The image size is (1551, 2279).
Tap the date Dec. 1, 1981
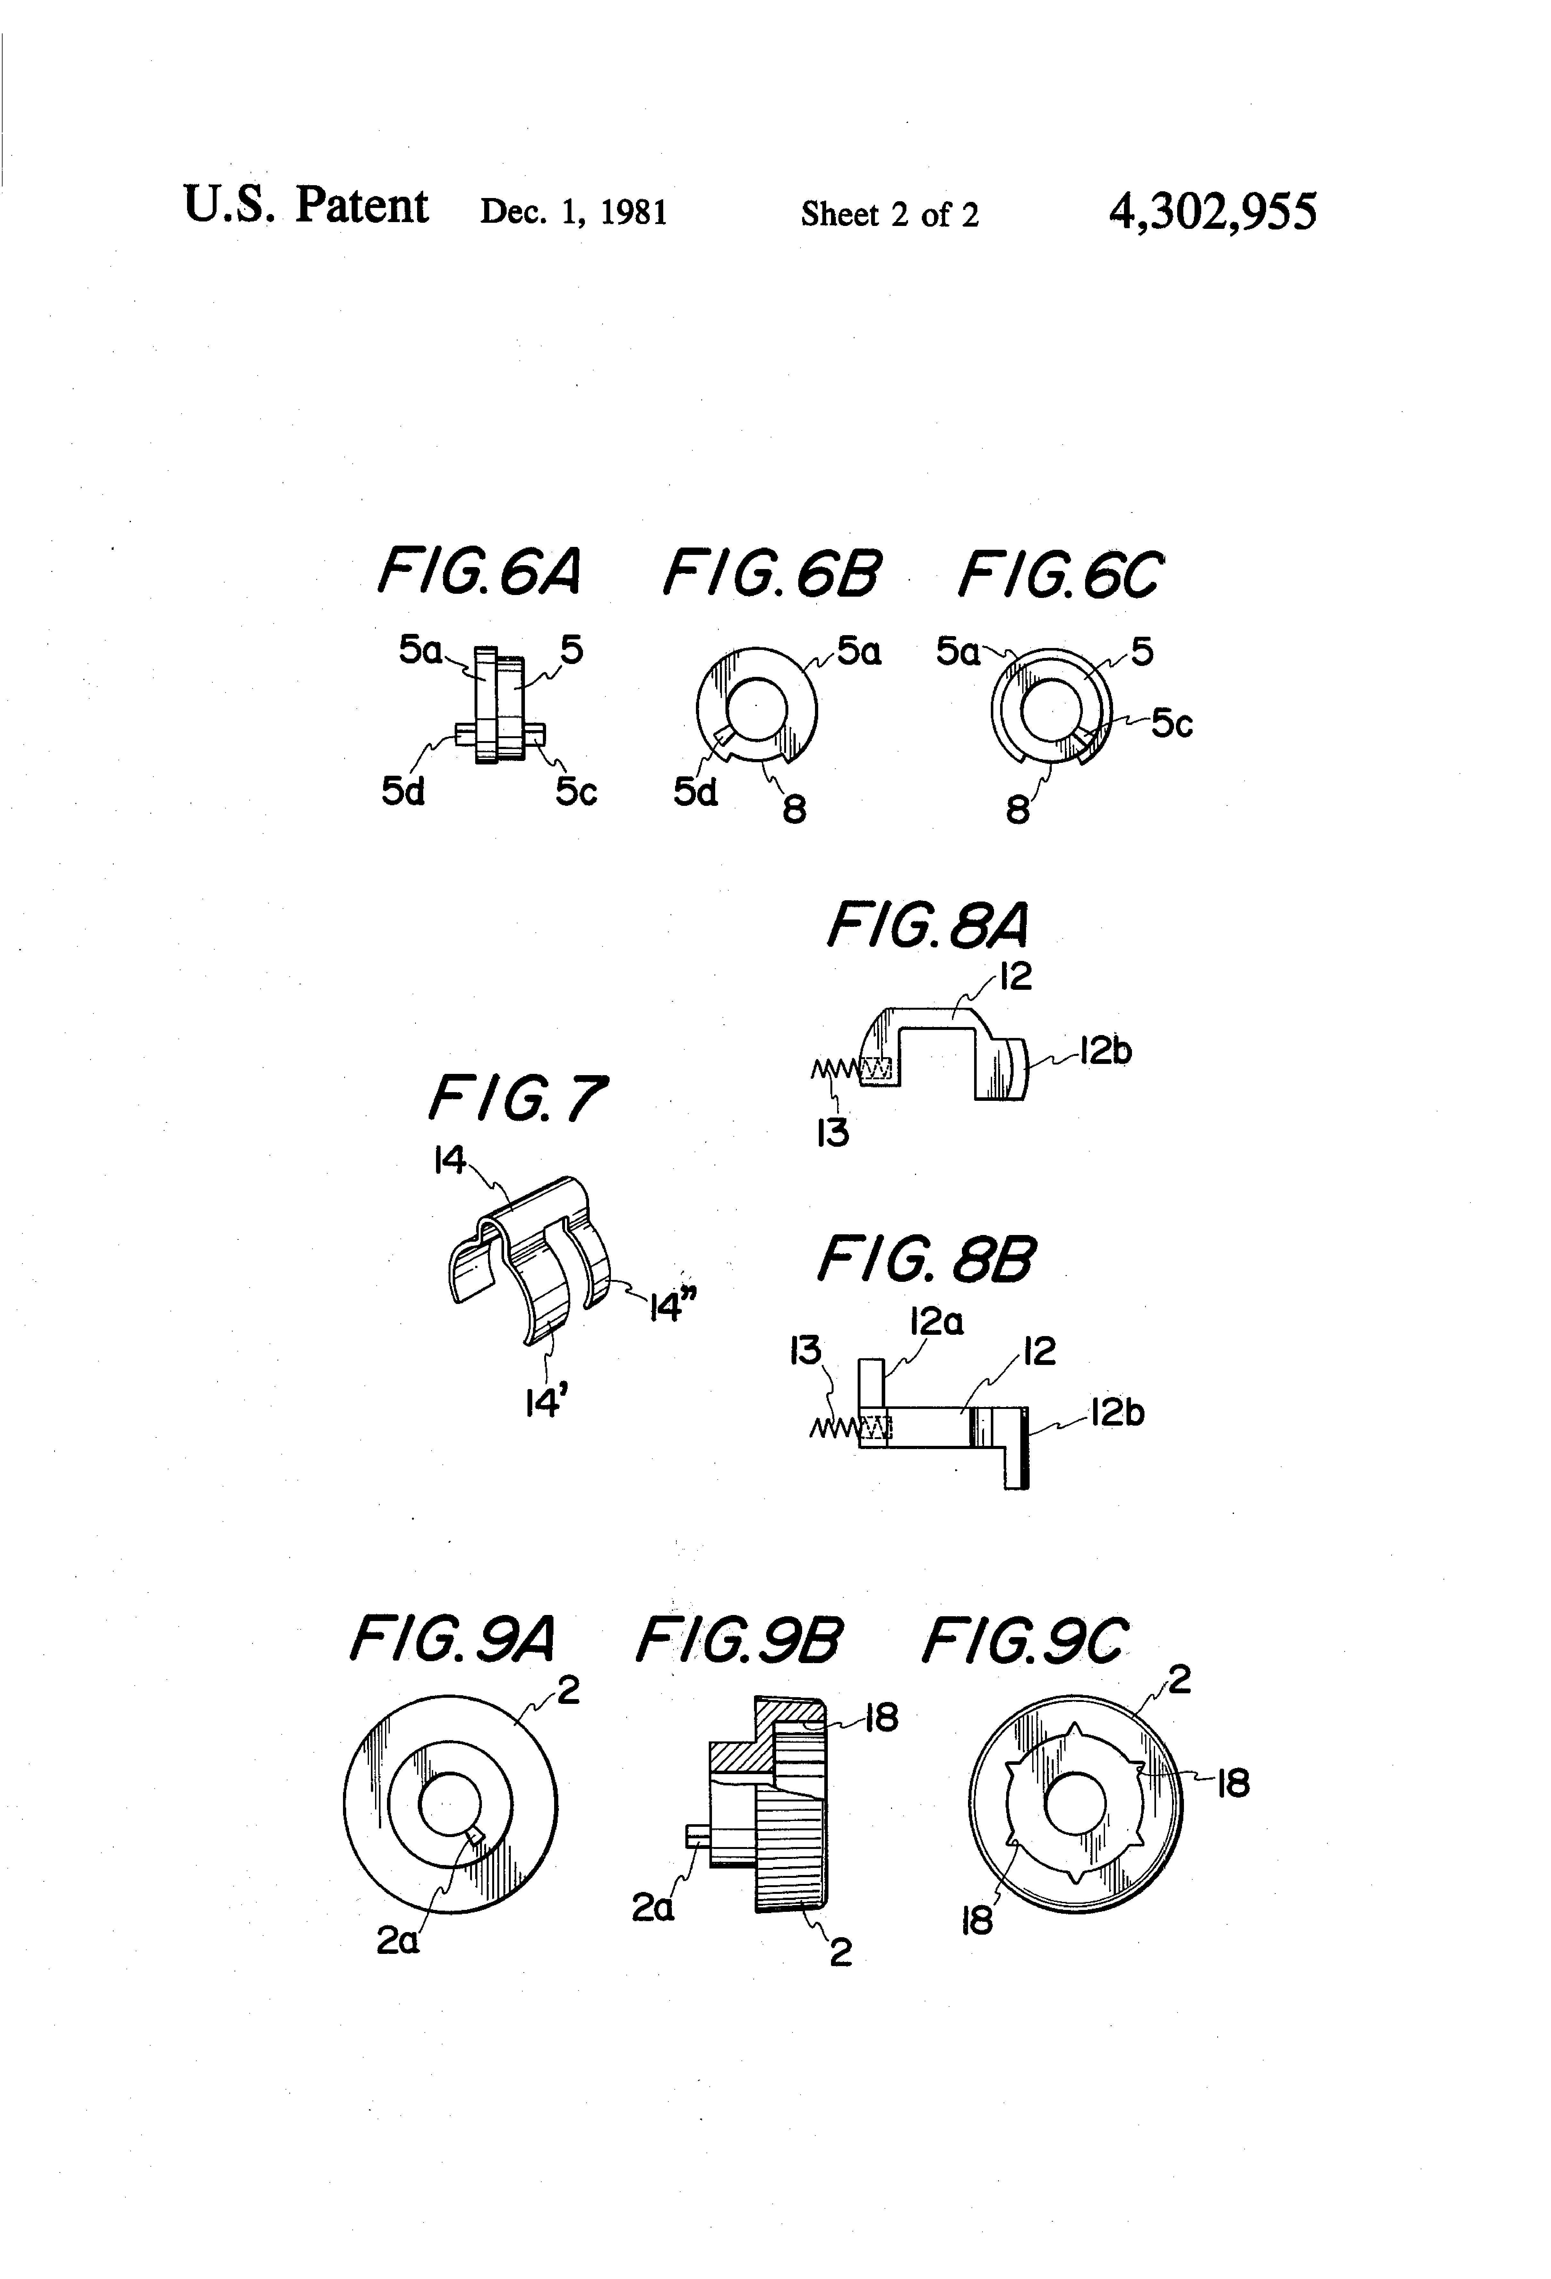click(574, 212)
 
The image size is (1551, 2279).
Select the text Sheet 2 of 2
click(889, 214)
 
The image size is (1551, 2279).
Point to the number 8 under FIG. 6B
click(794, 809)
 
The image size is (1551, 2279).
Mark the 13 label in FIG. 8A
click(832, 1134)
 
